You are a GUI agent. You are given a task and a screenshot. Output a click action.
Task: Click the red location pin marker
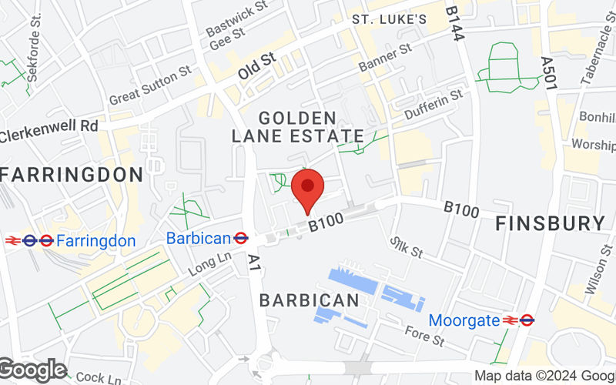click(309, 188)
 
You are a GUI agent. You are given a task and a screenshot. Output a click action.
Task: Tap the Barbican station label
click(198, 238)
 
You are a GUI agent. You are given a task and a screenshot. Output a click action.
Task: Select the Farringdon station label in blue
click(96, 241)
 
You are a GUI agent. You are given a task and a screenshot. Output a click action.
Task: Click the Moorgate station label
click(464, 320)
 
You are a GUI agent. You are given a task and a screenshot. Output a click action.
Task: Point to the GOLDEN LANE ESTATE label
click(297, 127)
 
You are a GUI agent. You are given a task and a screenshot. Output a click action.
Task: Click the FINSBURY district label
click(550, 223)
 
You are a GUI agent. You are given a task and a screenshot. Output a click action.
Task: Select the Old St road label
click(256, 64)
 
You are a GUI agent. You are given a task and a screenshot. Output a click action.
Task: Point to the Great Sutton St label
click(149, 85)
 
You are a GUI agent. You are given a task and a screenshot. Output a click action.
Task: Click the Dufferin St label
click(434, 105)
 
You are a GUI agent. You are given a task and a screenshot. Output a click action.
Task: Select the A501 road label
click(548, 75)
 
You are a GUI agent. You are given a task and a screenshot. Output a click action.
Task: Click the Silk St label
click(407, 247)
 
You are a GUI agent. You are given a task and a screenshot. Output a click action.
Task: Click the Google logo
click(32, 370)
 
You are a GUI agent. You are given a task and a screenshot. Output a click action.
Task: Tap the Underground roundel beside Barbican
click(240, 239)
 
